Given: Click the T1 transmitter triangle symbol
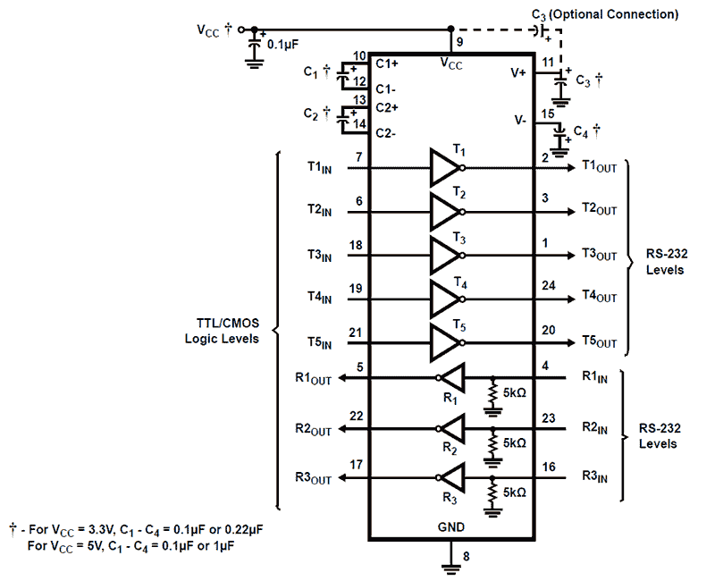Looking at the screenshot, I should pyautogui.click(x=443, y=166).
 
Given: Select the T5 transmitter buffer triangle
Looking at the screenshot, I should pyautogui.click(x=443, y=342).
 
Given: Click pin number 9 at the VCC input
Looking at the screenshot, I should pyautogui.click(x=459, y=41).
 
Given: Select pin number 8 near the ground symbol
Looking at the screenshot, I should pyautogui.click(x=466, y=556).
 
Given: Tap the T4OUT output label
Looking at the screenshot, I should pyautogui.click(x=599, y=295).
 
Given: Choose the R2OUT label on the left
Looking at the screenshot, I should pyautogui.click(x=313, y=429).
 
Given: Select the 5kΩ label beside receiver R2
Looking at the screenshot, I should pyautogui.click(x=515, y=442).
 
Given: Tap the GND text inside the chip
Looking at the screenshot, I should pyautogui.click(x=451, y=527).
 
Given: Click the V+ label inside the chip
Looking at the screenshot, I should pyautogui.click(x=518, y=73).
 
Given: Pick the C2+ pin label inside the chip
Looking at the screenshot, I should pyautogui.click(x=387, y=107).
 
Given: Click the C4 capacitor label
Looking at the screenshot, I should pyautogui.click(x=586, y=131).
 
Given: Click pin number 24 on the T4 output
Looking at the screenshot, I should pyautogui.click(x=549, y=286).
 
